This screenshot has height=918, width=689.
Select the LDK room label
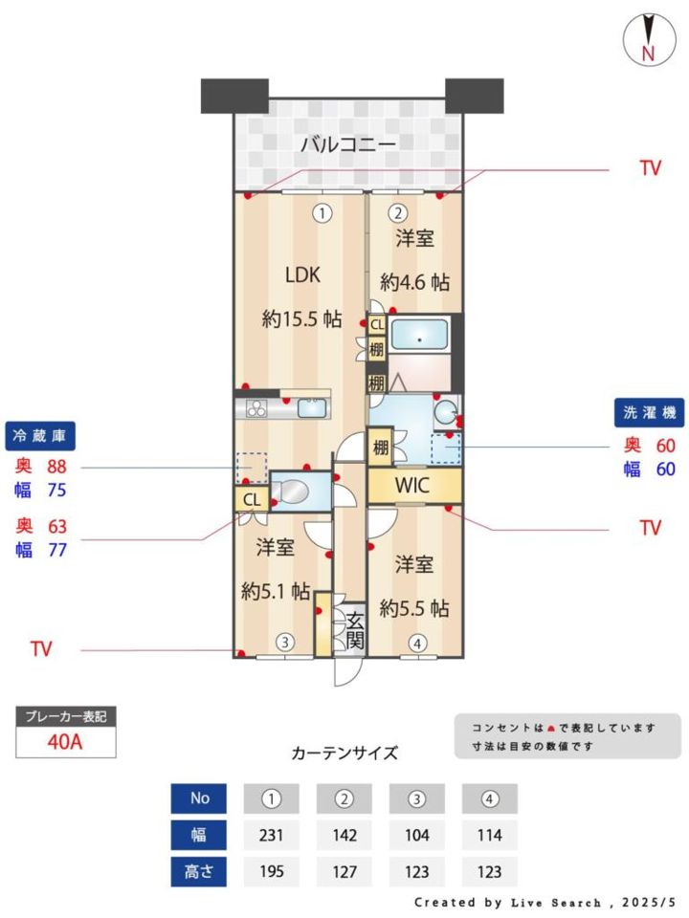(x=302, y=274)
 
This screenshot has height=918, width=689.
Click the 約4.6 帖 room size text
(x=414, y=282)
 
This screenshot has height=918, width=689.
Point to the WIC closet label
(x=412, y=485)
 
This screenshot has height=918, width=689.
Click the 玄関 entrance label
(x=355, y=631)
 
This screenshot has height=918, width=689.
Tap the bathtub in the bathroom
(x=419, y=336)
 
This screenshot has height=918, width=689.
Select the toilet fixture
(x=291, y=491)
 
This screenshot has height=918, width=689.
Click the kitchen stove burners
(x=256, y=408)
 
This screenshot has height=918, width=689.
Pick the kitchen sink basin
(x=312, y=407)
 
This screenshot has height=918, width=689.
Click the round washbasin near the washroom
(x=447, y=412)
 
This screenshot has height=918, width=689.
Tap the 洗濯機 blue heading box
(x=649, y=413)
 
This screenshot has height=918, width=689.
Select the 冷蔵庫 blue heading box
(x=40, y=436)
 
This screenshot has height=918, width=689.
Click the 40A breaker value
(x=65, y=742)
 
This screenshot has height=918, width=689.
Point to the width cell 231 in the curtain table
(x=271, y=834)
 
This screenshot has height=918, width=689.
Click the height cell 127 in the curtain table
(x=344, y=872)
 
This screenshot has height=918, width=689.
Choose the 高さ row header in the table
(x=199, y=872)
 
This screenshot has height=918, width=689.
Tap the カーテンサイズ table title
(x=344, y=753)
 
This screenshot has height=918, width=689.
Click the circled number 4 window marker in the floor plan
(x=417, y=644)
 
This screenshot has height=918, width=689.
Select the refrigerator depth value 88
(x=56, y=467)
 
